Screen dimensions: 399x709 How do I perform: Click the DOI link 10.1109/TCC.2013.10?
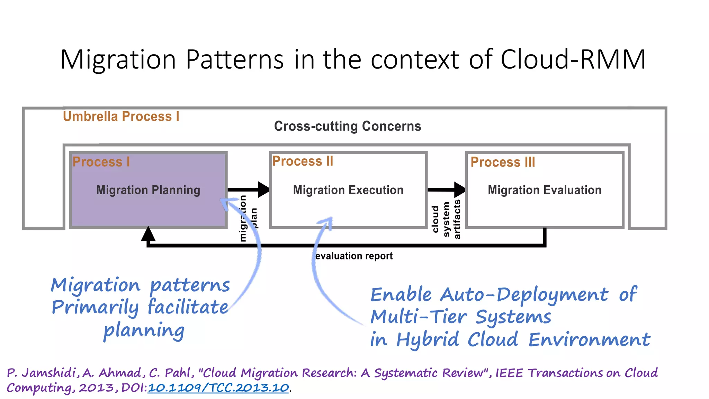coord(218,388)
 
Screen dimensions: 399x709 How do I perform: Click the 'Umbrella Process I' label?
coord(121,116)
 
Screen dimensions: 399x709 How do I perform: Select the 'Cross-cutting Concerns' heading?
coord(348,126)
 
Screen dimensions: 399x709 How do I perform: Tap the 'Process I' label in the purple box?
coord(101,162)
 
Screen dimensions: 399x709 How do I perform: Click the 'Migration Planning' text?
coord(148,190)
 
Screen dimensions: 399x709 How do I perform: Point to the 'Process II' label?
coord(303,161)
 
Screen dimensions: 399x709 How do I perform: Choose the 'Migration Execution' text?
coord(348,190)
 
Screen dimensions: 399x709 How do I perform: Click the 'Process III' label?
coord(503,162)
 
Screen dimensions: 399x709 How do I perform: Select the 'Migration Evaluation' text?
coord(544,190)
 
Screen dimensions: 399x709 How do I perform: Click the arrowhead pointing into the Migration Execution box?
coord(264,189)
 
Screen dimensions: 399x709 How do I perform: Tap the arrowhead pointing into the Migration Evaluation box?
coord(460,189)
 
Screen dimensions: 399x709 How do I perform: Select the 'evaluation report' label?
coord(354,256)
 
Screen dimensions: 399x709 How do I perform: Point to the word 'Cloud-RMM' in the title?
coord(573,60)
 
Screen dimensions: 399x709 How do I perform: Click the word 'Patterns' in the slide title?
coord(235,60)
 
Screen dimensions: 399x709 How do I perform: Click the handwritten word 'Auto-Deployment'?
coord(524,295)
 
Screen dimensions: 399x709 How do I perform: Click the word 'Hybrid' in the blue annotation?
coord(428,339)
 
